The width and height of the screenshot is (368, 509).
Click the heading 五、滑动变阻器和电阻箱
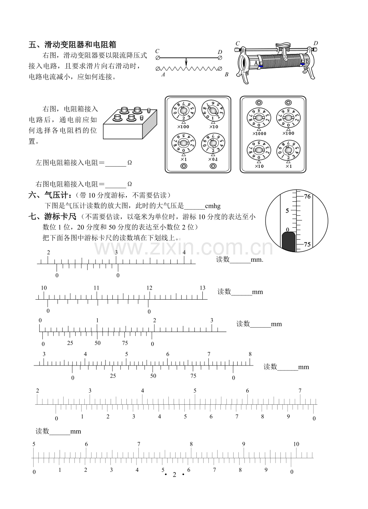[x=72, y=44]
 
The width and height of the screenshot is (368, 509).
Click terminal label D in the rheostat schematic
[x=220, y=52]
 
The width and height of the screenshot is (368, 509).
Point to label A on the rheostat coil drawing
[x=256, y=63]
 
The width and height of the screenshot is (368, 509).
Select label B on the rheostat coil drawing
[x=307, y=61]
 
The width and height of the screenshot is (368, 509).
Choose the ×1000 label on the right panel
[x=259, y=134]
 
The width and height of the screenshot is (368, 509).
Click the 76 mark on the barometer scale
[x=307, y=197]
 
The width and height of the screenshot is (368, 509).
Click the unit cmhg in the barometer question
[x=213, y=206]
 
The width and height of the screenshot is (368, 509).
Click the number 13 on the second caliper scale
[x=202, y=288]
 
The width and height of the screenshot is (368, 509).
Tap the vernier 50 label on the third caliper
[x=98, y=343]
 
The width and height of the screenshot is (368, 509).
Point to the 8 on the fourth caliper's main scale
[x=250, y=354]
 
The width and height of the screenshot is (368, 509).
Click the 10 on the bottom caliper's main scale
[x=296, y=444]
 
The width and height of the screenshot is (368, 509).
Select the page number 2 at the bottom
[x=174, y=474]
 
